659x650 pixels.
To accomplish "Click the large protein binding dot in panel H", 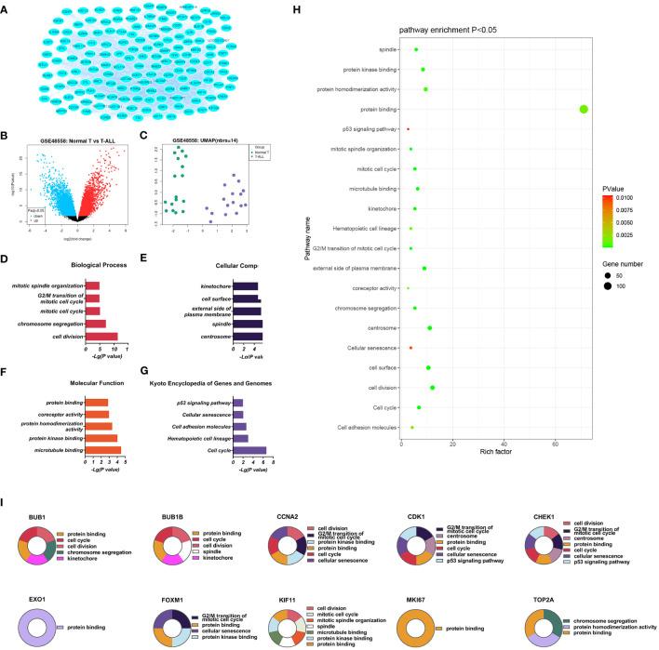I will [x=584, y=109].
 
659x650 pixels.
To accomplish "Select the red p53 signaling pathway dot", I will [x=408, y=128].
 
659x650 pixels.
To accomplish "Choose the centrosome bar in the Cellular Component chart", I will [x=247, y=336].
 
